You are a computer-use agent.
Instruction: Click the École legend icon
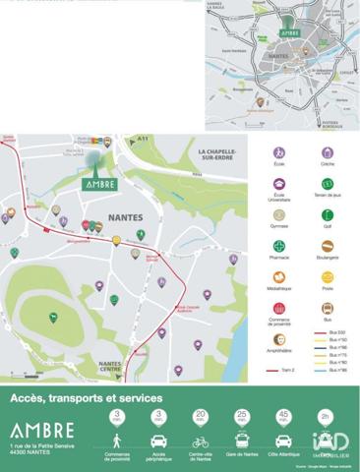point(279,153)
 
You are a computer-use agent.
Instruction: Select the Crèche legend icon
point(328,153)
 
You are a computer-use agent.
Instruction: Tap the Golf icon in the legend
point(328,214)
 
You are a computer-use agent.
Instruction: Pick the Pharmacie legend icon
point(279,246)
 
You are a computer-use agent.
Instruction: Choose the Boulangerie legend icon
point(328,246)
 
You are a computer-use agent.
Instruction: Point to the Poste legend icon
point(328,277)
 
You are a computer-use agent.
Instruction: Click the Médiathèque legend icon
point(279,277)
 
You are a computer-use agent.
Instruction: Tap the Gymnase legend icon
point(279,214)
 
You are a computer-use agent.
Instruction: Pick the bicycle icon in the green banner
point(201,442)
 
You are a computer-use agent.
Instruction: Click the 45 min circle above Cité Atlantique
point(283,417)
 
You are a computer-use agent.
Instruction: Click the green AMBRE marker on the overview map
point(289,32)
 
